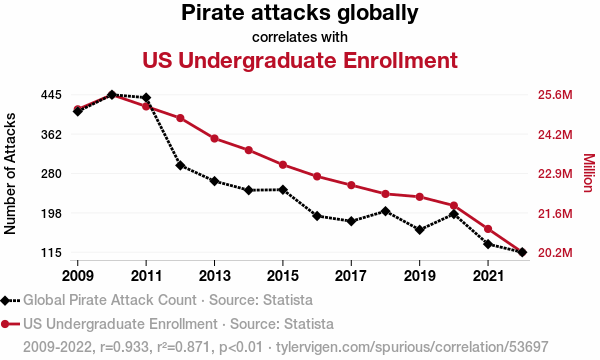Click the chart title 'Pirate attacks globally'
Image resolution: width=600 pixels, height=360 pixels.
tap(300, 13)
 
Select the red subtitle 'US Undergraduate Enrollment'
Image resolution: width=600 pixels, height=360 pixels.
tap(300, 60)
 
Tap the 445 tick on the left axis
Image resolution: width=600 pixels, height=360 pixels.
tap(51, 94)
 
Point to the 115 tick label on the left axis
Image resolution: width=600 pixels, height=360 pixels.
tap(51, 252)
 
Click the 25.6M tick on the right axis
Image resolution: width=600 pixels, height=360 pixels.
tap(555, 94)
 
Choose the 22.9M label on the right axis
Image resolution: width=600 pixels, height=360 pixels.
tap(555, 174)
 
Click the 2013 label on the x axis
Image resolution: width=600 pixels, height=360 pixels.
tap(214, 275)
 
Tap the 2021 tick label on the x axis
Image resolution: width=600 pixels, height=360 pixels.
tap(488, 275)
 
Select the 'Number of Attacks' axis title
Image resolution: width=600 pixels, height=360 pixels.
tap(10, 173)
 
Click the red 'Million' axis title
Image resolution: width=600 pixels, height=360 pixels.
tap(589, 173)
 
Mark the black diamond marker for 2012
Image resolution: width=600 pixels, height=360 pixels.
tap(180, 165)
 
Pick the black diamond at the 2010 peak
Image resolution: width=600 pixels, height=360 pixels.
tap(112, 94)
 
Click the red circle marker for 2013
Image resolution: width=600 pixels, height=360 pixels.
tap(214, 138)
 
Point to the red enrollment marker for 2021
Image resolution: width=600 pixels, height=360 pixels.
tap(488, 229)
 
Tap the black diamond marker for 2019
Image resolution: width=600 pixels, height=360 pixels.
tap(419, 230)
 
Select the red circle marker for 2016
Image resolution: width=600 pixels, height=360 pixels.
tap(317, 176)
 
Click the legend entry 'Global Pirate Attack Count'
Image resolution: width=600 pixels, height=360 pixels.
tap(110, 300)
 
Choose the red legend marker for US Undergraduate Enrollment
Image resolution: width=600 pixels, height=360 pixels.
tap(5, 324)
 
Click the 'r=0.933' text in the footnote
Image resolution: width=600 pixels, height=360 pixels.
tap(124, 347)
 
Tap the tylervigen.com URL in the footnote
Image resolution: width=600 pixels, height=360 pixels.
tap(412, 347)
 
